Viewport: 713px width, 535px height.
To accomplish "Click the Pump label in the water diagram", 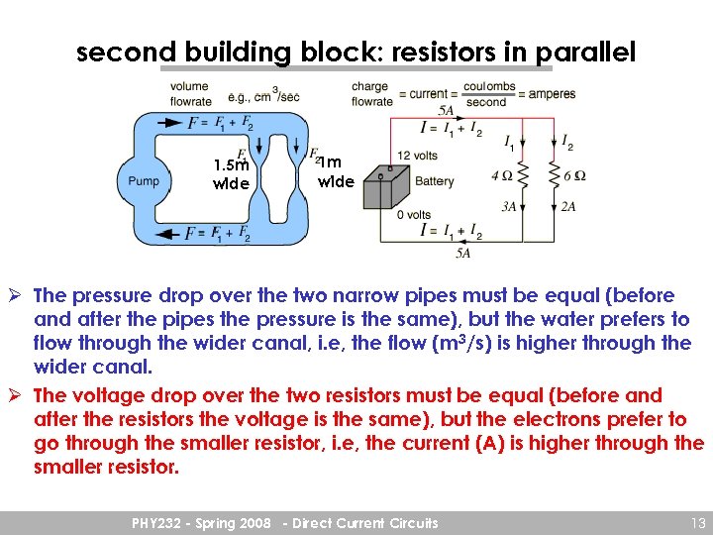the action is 144,181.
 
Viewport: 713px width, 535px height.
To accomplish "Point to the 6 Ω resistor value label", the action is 574,176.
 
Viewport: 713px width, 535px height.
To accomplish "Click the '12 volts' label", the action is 417,156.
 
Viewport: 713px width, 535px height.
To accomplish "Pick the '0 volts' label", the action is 413,215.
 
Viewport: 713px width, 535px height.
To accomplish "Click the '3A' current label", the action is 509,207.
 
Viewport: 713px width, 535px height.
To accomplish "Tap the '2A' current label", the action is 567,207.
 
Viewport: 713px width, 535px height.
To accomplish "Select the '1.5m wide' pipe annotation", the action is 231,174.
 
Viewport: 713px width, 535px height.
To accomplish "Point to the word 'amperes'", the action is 551,94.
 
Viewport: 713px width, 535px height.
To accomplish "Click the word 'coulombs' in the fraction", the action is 489,87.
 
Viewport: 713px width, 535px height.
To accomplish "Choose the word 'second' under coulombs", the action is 485,102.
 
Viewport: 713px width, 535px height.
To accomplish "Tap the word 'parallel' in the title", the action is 583,53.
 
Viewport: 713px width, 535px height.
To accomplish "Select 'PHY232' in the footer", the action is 162,522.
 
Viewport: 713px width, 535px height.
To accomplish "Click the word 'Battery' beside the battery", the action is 435,181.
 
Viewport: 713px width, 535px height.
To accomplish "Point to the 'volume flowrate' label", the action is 190,94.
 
